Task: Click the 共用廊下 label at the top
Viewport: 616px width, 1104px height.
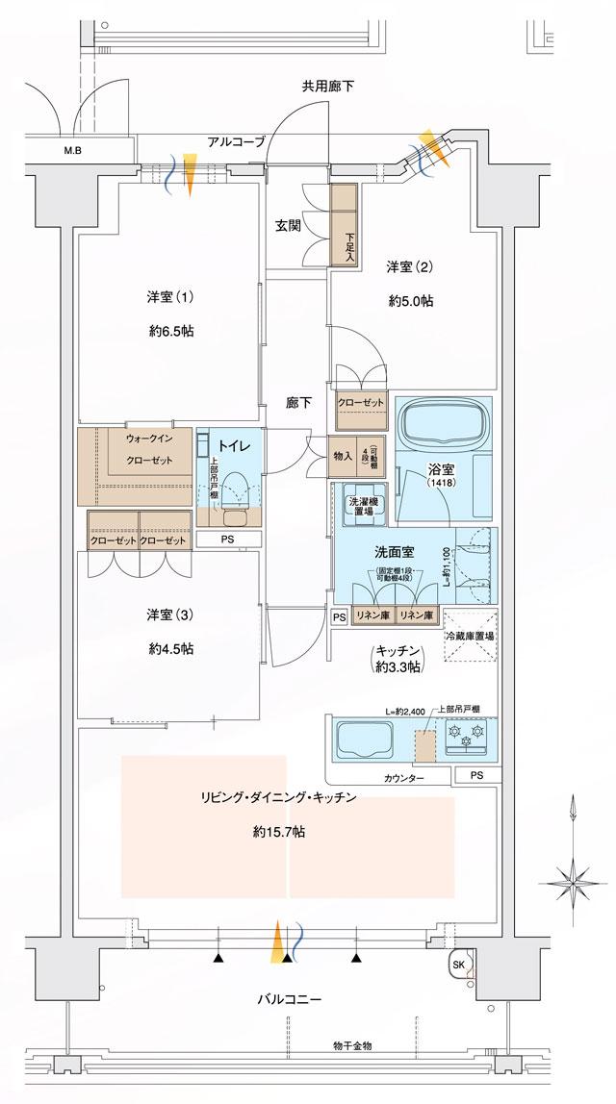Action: coord(328,87)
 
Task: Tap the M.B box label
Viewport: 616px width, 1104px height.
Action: coord(73,150)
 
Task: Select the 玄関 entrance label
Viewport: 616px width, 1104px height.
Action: coord(289,226)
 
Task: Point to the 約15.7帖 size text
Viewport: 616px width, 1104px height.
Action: coord(279,832)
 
